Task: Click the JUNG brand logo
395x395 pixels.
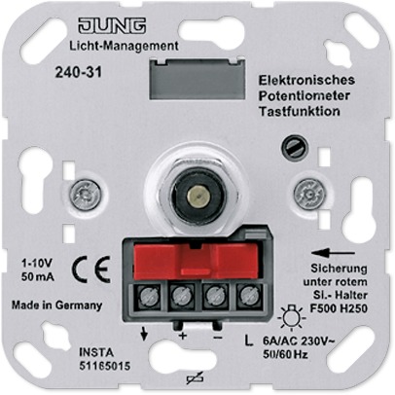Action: pos(112,26)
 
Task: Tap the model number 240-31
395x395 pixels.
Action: pos(79,72)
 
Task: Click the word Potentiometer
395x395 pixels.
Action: pos(304,95)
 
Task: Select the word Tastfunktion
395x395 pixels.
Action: pos(299,111)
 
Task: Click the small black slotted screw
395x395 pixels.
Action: pos(295,148)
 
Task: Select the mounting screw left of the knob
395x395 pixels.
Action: pos(86,196)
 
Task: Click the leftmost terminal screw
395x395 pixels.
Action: pos(150,296)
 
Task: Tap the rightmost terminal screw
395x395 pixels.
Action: pos(247,296)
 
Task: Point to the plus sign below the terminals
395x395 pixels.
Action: pos(183,336)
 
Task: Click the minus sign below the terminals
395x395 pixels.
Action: pos(217,338)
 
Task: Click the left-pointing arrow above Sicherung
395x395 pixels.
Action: pos(333,253)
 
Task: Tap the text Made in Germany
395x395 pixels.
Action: pos(57,305)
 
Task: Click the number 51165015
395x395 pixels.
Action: pos(105,366)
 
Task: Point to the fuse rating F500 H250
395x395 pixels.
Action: pos(339,308)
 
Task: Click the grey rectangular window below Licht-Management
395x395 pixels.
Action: pos(197,78)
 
